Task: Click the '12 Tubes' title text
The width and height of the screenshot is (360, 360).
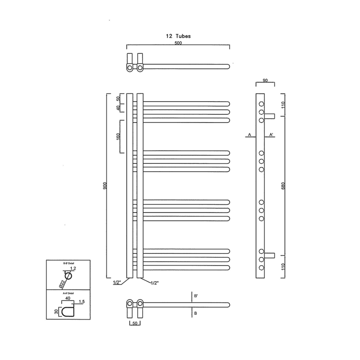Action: point(178,36)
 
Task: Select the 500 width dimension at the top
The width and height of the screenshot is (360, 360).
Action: point(178,43)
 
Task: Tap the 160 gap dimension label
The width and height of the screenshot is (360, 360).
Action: point(118,136)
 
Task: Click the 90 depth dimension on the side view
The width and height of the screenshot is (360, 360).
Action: point(265,80)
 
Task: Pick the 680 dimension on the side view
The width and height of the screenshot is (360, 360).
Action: point(283,185)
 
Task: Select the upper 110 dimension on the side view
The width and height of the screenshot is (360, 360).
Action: point(283,105)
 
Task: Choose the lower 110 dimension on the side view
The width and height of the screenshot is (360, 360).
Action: point(283,266)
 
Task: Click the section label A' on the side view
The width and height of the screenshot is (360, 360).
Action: point(271,135)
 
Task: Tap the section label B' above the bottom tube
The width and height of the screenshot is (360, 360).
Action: point(195,296)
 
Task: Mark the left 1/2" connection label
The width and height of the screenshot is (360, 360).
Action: point(117,283)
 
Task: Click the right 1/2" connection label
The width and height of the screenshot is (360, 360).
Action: point(154,283)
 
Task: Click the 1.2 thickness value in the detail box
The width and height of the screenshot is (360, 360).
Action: point(73,269)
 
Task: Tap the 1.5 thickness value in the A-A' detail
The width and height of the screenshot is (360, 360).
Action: point(81,302)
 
